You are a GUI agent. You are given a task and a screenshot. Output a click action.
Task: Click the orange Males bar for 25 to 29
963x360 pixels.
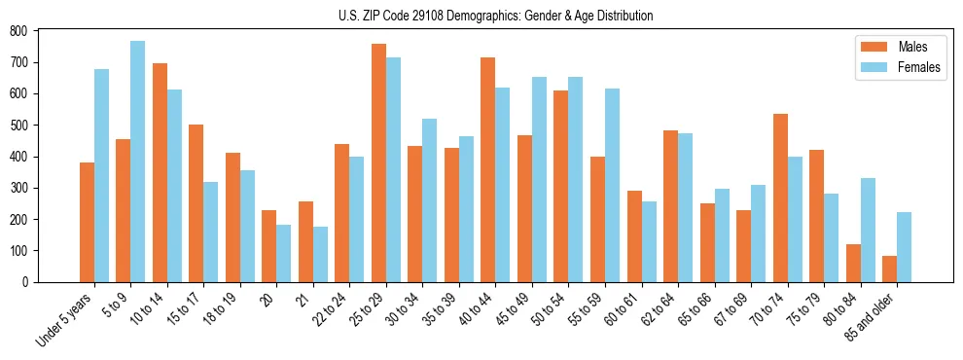378,163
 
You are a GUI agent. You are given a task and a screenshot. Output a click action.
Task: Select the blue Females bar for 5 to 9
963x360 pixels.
137,162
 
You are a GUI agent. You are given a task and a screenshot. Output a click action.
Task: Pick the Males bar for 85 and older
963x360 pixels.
889,269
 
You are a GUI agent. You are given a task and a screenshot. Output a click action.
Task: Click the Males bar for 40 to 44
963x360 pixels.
488,169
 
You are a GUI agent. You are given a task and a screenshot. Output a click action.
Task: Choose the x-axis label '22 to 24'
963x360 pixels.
328,310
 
